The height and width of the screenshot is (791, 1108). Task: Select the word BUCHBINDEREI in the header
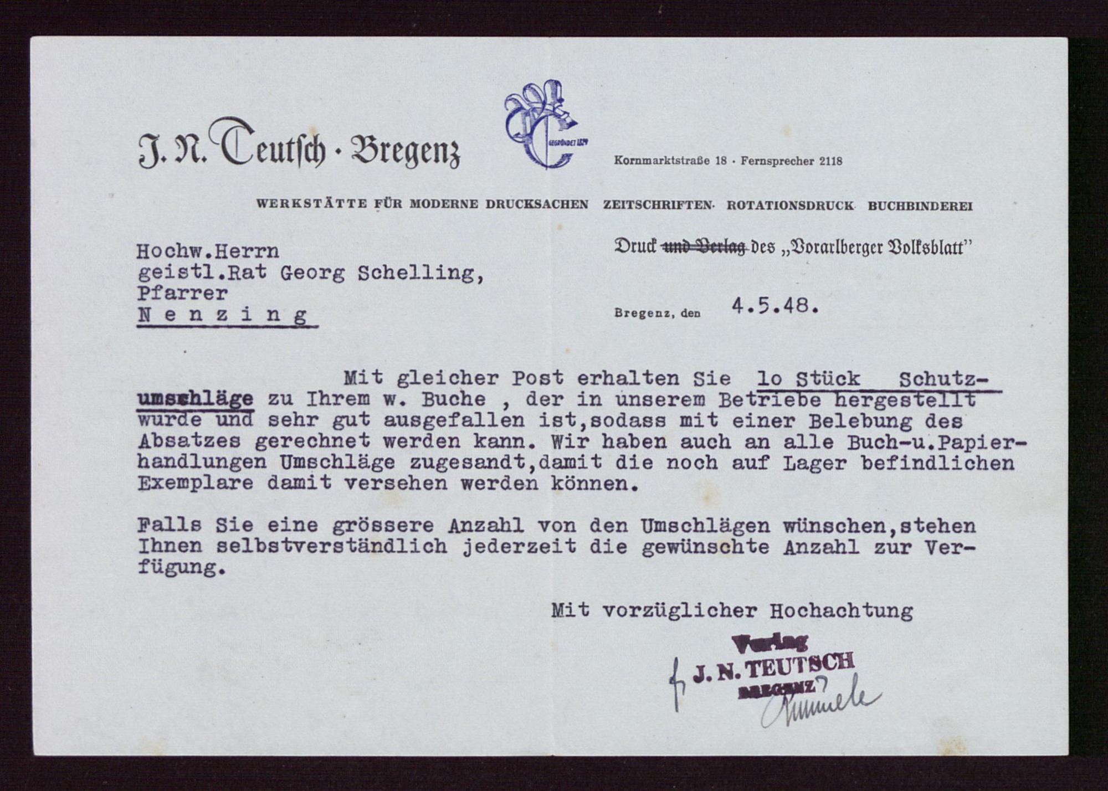920,206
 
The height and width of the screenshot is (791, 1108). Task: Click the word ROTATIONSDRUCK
790,206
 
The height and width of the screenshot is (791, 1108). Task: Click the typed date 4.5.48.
774,306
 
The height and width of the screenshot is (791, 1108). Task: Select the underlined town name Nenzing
223,316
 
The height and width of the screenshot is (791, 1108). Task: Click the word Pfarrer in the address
182,293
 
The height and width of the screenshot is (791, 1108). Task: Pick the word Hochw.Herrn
208,252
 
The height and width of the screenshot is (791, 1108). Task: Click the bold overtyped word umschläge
195,399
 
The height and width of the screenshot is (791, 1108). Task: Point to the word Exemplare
195,483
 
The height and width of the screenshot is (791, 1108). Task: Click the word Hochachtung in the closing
841,611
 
